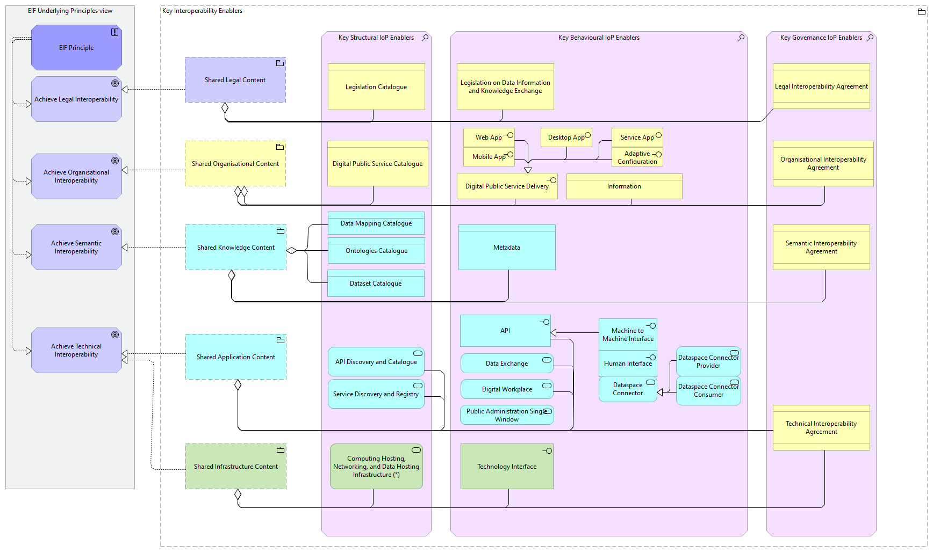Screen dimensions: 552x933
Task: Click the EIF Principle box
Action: point(76,48)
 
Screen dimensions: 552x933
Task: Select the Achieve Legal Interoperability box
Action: point(76,99)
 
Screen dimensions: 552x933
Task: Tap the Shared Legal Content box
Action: point(235,80)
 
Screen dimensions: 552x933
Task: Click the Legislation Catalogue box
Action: point(376,87)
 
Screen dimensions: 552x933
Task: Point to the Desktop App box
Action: point(566,137)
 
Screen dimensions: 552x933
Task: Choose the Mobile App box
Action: point(489,157)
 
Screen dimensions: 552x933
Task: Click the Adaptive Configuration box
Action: point(637,157)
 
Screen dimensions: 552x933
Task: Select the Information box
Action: point(624,186)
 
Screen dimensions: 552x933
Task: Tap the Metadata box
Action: point(507,248)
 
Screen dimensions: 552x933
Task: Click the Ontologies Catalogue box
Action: point(376,251)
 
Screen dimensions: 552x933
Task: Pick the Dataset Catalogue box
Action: point(376,284)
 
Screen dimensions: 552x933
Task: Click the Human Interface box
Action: point(628,364)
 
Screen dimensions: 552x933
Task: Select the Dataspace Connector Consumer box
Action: point(708,390)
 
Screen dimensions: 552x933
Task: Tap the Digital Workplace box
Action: point(507,389)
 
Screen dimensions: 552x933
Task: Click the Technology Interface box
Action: point(507,467)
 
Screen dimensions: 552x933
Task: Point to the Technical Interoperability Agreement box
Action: point(821,427)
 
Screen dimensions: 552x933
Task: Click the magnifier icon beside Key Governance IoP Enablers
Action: point(871,37)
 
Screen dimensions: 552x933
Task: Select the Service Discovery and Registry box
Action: point(376,394)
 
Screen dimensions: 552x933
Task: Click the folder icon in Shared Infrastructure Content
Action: point(280,450)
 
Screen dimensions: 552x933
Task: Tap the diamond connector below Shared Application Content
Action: point(238,384)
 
